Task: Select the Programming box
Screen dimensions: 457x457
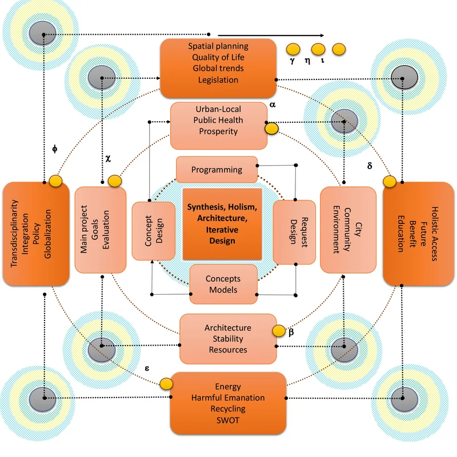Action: click(217, 170)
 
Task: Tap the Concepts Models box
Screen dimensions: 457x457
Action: click(223, 284)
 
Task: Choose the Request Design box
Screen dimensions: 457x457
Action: click(294, 232)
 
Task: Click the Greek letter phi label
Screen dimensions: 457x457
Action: click(54, 150)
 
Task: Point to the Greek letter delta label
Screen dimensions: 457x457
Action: click(369, 166)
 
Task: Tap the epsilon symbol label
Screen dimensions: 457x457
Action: click(147, 368)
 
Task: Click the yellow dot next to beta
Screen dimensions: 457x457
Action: click(278, 331)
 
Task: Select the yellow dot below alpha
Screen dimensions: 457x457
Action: click(272, 129)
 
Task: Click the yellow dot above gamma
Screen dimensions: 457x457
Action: click(292, 49)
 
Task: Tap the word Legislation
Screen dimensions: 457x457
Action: click(218, 80)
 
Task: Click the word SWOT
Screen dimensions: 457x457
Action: click(227, 420)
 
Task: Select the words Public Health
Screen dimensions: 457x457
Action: click(218, 120)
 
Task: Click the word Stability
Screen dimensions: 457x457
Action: click(227, 339)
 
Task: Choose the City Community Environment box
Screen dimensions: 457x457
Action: click(348, 230)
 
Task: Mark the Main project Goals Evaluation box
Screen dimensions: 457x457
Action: click(101, 230)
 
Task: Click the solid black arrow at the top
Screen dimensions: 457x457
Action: click(271, 34)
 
